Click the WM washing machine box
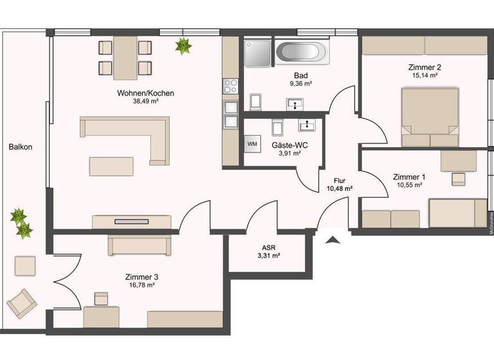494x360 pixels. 252,144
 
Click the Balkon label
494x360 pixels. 21,147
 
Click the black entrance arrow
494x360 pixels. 333,240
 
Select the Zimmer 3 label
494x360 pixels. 142,277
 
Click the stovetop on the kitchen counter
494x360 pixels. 231,84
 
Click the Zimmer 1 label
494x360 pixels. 409,177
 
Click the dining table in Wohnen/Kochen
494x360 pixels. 125,57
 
